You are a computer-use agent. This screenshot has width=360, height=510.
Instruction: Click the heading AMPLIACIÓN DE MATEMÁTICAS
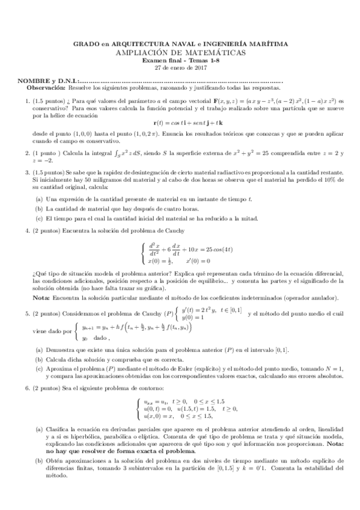click(x=180, y=52)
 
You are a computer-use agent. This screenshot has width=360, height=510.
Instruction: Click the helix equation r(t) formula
click(x=180, y=122)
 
